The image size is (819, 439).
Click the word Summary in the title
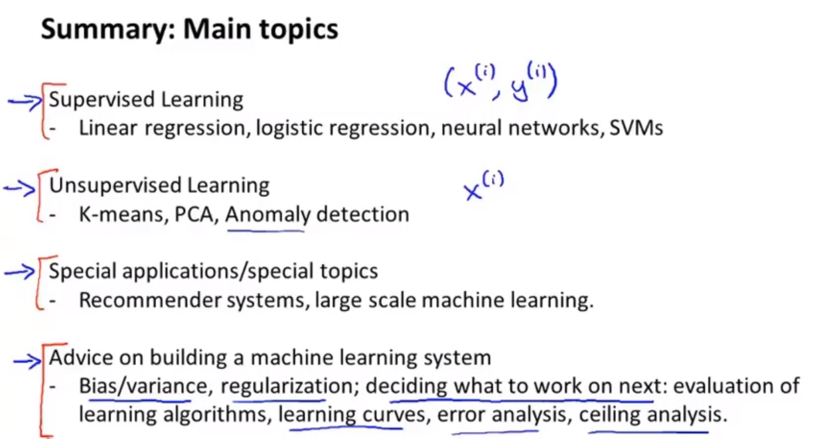(108, 30)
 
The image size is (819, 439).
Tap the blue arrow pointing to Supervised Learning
(25, 101)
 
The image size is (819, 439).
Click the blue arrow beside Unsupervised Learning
(20, 188)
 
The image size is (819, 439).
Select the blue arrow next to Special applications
(20, 272)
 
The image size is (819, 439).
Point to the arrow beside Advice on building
(27, 361)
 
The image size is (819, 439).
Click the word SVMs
(636, 128)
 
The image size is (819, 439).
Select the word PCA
(194, 214)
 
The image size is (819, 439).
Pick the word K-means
(121, 214)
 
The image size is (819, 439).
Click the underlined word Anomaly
(268, 215)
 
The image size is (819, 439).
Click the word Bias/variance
(143, 386)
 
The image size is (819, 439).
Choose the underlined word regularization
(287, 387)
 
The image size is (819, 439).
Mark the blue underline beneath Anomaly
(265, 231)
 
